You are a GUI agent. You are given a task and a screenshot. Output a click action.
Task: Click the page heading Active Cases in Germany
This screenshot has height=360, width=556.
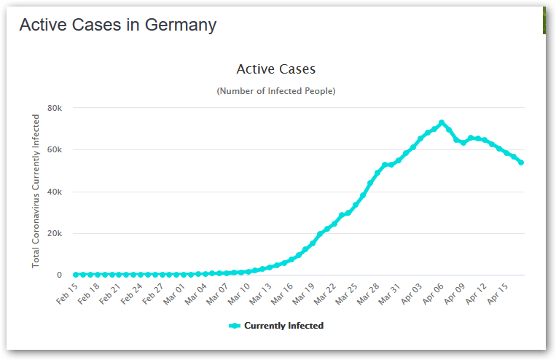(x=117, y=25)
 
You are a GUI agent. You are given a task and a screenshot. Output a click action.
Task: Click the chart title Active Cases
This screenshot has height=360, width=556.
(x=275, y=69)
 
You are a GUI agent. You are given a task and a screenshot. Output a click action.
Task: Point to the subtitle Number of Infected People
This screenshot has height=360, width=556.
(x=275, y=91)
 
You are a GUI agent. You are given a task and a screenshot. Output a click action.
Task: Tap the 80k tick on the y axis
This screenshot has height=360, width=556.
(x=55, y=108)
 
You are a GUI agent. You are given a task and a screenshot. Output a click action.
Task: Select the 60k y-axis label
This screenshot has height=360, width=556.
(x=55, y=150)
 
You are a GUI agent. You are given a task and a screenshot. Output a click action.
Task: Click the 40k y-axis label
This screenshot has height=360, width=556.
(x=55, y=192)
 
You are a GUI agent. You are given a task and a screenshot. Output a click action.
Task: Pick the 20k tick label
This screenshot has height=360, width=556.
(x=55, y=234)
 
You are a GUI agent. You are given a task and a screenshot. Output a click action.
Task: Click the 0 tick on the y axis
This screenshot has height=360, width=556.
(x=60, y=275)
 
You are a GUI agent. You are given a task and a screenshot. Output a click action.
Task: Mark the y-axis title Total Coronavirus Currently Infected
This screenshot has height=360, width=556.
(x=36, y=191)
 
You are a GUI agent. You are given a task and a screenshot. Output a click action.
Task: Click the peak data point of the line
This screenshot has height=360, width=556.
(x=442, y=122)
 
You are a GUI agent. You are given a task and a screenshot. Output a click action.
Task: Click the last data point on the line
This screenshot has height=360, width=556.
(x=521, y=163)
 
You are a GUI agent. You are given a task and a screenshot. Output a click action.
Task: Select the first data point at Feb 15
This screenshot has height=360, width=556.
(x=76, y=275)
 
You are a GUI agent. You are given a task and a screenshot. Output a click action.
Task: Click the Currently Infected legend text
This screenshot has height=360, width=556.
(x=283, y=326)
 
